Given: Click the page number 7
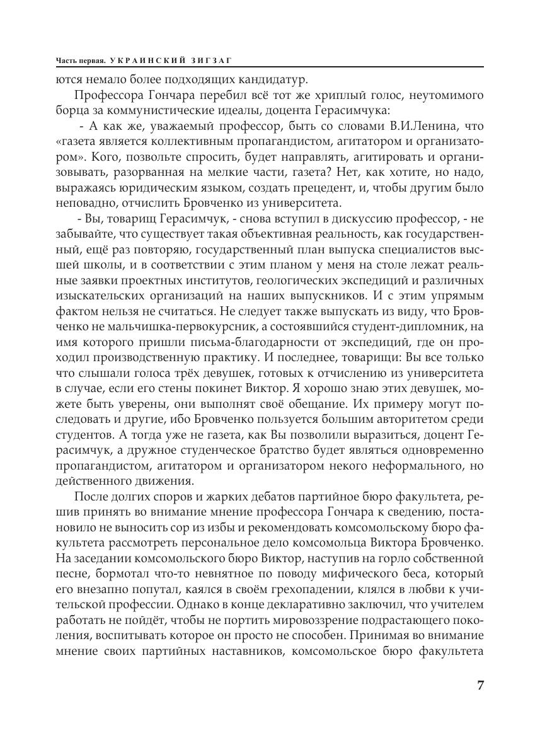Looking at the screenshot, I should pos(480,685).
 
